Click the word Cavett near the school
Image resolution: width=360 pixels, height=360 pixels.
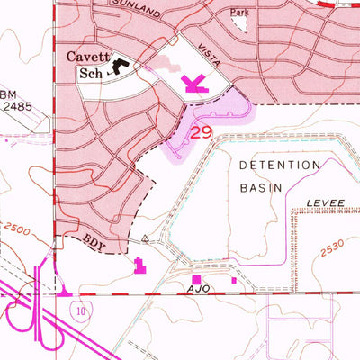[87, 57]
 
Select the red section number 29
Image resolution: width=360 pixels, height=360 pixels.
[201, 131]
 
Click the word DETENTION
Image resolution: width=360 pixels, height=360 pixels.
[280, 166]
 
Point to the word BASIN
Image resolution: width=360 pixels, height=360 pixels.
[261, 187]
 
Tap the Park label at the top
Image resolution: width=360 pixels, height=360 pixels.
[238, 13]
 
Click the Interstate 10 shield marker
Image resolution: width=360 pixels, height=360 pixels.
[79, 310]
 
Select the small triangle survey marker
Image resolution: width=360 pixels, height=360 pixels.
[145, 239]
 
